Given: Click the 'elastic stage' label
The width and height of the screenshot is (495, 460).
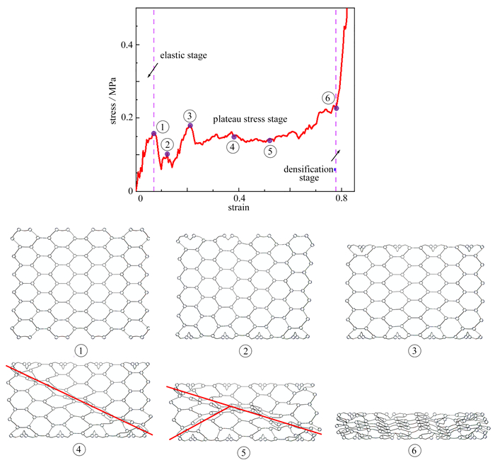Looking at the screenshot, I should (183, 55).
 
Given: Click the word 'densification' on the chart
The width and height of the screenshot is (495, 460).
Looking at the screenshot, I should (308, 169).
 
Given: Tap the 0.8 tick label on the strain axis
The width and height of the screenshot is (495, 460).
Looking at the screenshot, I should (342, 199).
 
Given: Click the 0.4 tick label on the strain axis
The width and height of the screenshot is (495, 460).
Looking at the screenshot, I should (239, 199).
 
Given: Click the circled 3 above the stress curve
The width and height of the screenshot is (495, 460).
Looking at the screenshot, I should (189, 115).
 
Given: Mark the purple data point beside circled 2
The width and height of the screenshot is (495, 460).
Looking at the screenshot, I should (168, 154).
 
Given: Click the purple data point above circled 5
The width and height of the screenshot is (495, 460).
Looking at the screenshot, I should (269, 140).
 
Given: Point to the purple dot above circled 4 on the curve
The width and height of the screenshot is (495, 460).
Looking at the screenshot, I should (234, 136).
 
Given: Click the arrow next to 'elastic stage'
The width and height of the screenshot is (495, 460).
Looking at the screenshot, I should (151, 71).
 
